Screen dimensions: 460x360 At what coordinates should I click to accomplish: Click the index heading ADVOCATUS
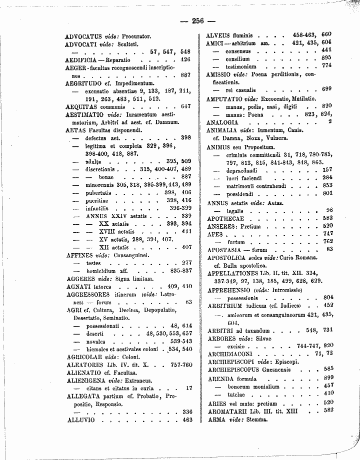84,37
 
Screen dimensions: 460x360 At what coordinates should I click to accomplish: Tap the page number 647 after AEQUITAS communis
185,106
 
